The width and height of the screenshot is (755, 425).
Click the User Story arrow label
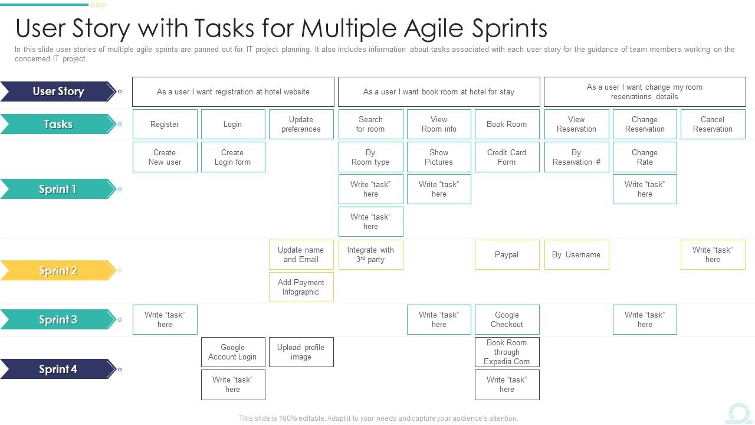point(58,91)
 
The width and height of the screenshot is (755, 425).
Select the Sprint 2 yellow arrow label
point(58,270)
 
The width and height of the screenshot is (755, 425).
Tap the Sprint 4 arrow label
point(58,369)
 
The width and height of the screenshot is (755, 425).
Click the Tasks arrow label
point(58,124)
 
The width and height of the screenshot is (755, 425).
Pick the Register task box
point(165,124)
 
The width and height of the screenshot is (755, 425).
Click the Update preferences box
point(301,124)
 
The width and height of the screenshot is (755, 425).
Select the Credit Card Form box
point(507,157)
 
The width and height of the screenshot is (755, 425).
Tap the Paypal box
point(507,255)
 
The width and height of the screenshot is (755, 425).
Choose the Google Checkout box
point(507,319)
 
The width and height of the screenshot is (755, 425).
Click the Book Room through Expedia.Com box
point(507,352)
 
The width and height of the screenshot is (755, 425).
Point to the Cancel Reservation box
point(713,124)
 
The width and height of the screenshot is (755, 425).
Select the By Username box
point(576,255)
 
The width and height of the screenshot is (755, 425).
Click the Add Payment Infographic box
point(301,287)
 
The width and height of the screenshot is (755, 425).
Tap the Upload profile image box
point(301,352)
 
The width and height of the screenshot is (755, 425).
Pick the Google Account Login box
point(232,352)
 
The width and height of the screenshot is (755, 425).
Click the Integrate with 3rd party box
point(370,255)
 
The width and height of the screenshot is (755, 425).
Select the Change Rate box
point(645,157)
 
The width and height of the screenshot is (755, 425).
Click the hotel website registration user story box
point(233,91)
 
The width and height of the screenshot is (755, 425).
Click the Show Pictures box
point(439,157)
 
